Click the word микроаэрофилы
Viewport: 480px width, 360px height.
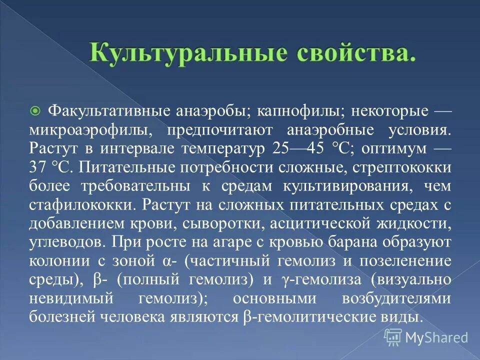click(x=89, y=129)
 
